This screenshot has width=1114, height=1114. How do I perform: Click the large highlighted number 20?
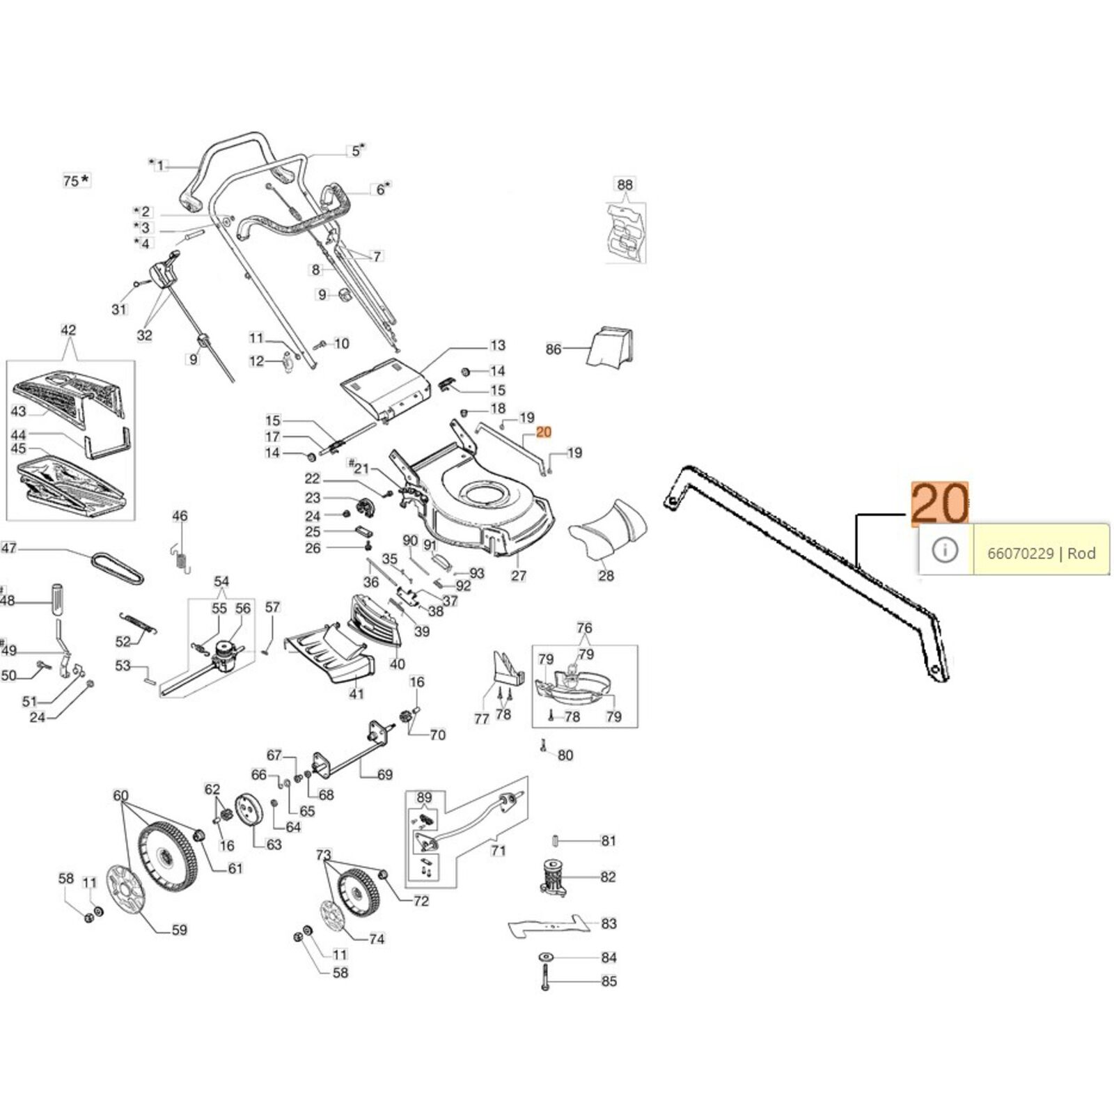[939, 503]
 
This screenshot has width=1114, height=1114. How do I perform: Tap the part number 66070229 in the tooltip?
[1020, 554]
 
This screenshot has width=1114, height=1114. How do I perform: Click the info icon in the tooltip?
[945, 550]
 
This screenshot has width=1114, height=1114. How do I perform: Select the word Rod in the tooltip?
[1081, 554]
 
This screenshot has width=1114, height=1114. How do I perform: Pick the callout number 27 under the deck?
[519, 576]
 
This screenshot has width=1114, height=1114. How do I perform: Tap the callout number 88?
[625, 185]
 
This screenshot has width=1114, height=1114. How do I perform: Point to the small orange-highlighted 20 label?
[544, 432]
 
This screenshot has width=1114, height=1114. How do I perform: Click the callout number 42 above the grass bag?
[68, 330]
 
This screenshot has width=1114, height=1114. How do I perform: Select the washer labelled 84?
[546, 957]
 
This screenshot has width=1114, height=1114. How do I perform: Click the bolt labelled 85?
[545, 981]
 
